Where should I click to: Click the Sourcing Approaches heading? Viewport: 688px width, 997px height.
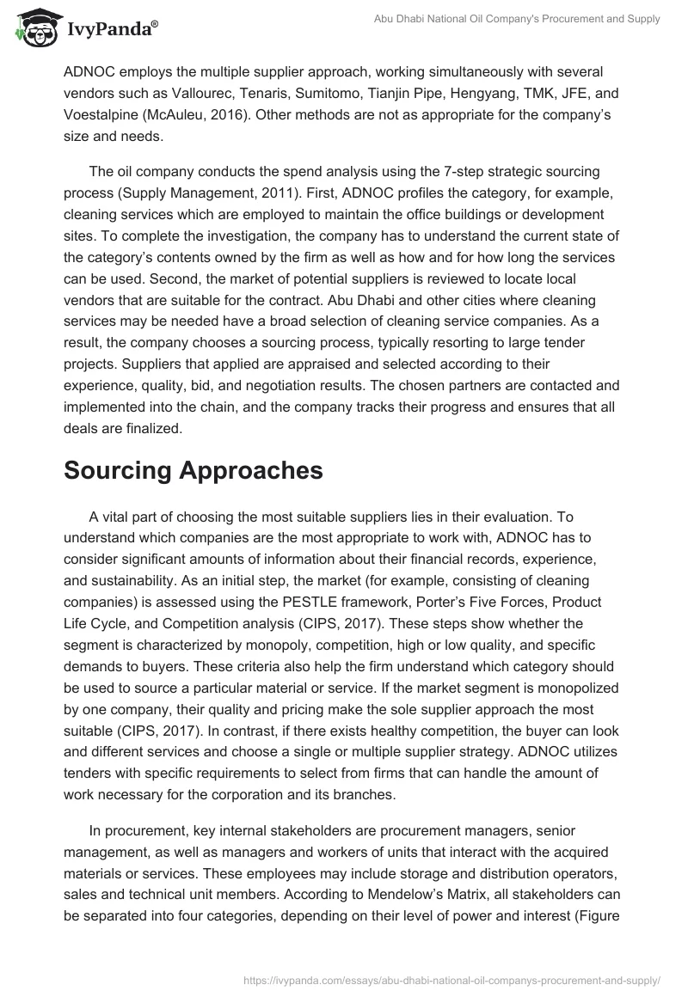[x=193, y=470]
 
